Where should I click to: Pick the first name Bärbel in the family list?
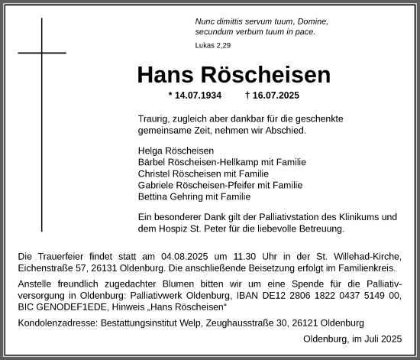click(150, 162)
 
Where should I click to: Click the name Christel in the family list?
click(153, 174)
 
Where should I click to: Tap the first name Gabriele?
click(156, 185)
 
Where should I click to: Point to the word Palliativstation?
click(279, 216)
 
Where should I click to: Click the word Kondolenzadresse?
click(56, 323)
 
